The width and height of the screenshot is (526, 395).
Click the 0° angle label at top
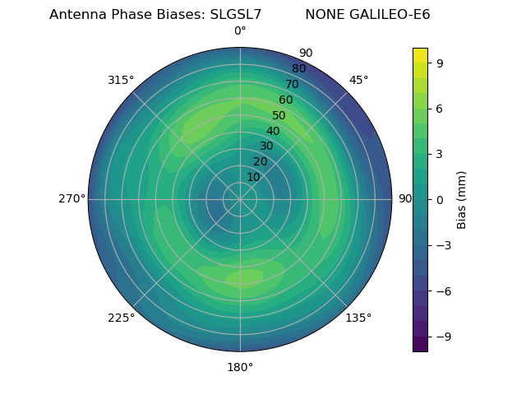coord(240,31)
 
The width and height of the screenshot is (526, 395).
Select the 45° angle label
coord(359,80)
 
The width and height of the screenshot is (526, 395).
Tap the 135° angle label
coord(358,318)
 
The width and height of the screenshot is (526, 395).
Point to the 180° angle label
coord(240,367)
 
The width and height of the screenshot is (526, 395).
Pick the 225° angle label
coord(121,318)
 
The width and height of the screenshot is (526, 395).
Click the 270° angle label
coord(72,199)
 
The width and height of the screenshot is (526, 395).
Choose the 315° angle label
coord(121,80)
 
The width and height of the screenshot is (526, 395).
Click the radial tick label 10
coord(253,177)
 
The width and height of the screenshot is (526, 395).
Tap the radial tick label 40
coord(273,131)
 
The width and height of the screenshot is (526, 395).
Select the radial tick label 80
coord(298,69)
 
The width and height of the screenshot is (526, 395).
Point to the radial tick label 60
coord(286,100)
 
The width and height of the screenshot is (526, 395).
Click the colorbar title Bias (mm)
coord(462,199)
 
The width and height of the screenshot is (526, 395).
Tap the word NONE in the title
coord(323,15)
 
